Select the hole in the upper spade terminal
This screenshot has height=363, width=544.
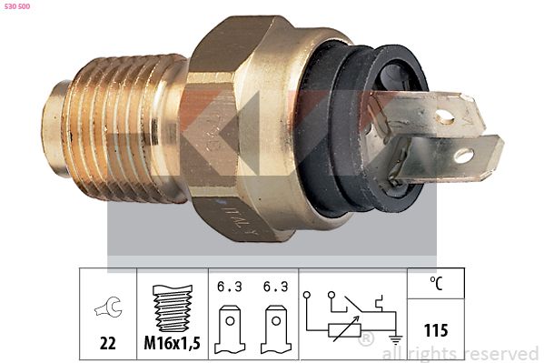click(444, 116)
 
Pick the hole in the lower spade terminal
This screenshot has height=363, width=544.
click(464, 156)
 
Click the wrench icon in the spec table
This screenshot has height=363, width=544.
click(108, 310)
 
